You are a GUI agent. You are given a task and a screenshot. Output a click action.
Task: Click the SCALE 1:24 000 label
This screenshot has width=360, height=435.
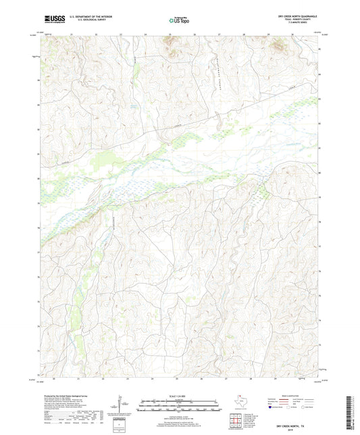180,396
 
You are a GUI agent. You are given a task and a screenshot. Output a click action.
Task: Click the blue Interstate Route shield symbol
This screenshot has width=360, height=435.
272,407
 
